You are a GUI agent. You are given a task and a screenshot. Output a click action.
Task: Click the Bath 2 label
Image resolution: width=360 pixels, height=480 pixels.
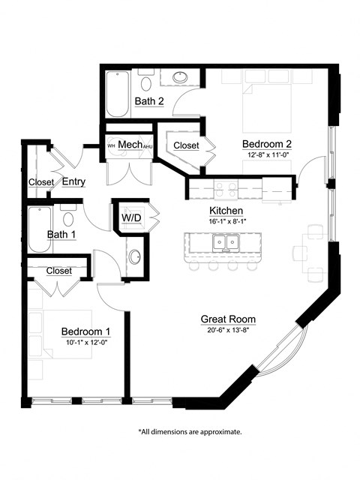[149, 101]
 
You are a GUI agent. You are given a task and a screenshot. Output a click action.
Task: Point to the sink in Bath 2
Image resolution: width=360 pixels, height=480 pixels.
[181, 77]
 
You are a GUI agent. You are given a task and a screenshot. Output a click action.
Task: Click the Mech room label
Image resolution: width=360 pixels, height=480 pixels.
[130, 144]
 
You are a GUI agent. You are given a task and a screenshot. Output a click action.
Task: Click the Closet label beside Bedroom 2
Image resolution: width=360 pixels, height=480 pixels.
[186, 145]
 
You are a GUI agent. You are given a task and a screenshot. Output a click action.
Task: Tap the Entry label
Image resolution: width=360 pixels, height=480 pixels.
[73, 181]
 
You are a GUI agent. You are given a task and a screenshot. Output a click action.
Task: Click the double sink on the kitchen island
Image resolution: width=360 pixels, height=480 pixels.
[225, 242]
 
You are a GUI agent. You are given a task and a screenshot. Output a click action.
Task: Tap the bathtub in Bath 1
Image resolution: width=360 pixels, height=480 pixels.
[38, 230]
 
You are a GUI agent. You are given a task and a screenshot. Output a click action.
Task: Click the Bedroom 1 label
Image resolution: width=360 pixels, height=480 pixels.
[85, 331]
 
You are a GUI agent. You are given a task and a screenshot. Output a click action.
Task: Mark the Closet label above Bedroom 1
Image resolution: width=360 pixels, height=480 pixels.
[58, 271]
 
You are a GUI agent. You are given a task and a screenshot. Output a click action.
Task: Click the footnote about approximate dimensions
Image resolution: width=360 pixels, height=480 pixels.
[190, 432]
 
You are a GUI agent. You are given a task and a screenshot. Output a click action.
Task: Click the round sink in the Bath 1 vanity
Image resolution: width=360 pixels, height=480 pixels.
[134, 256]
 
